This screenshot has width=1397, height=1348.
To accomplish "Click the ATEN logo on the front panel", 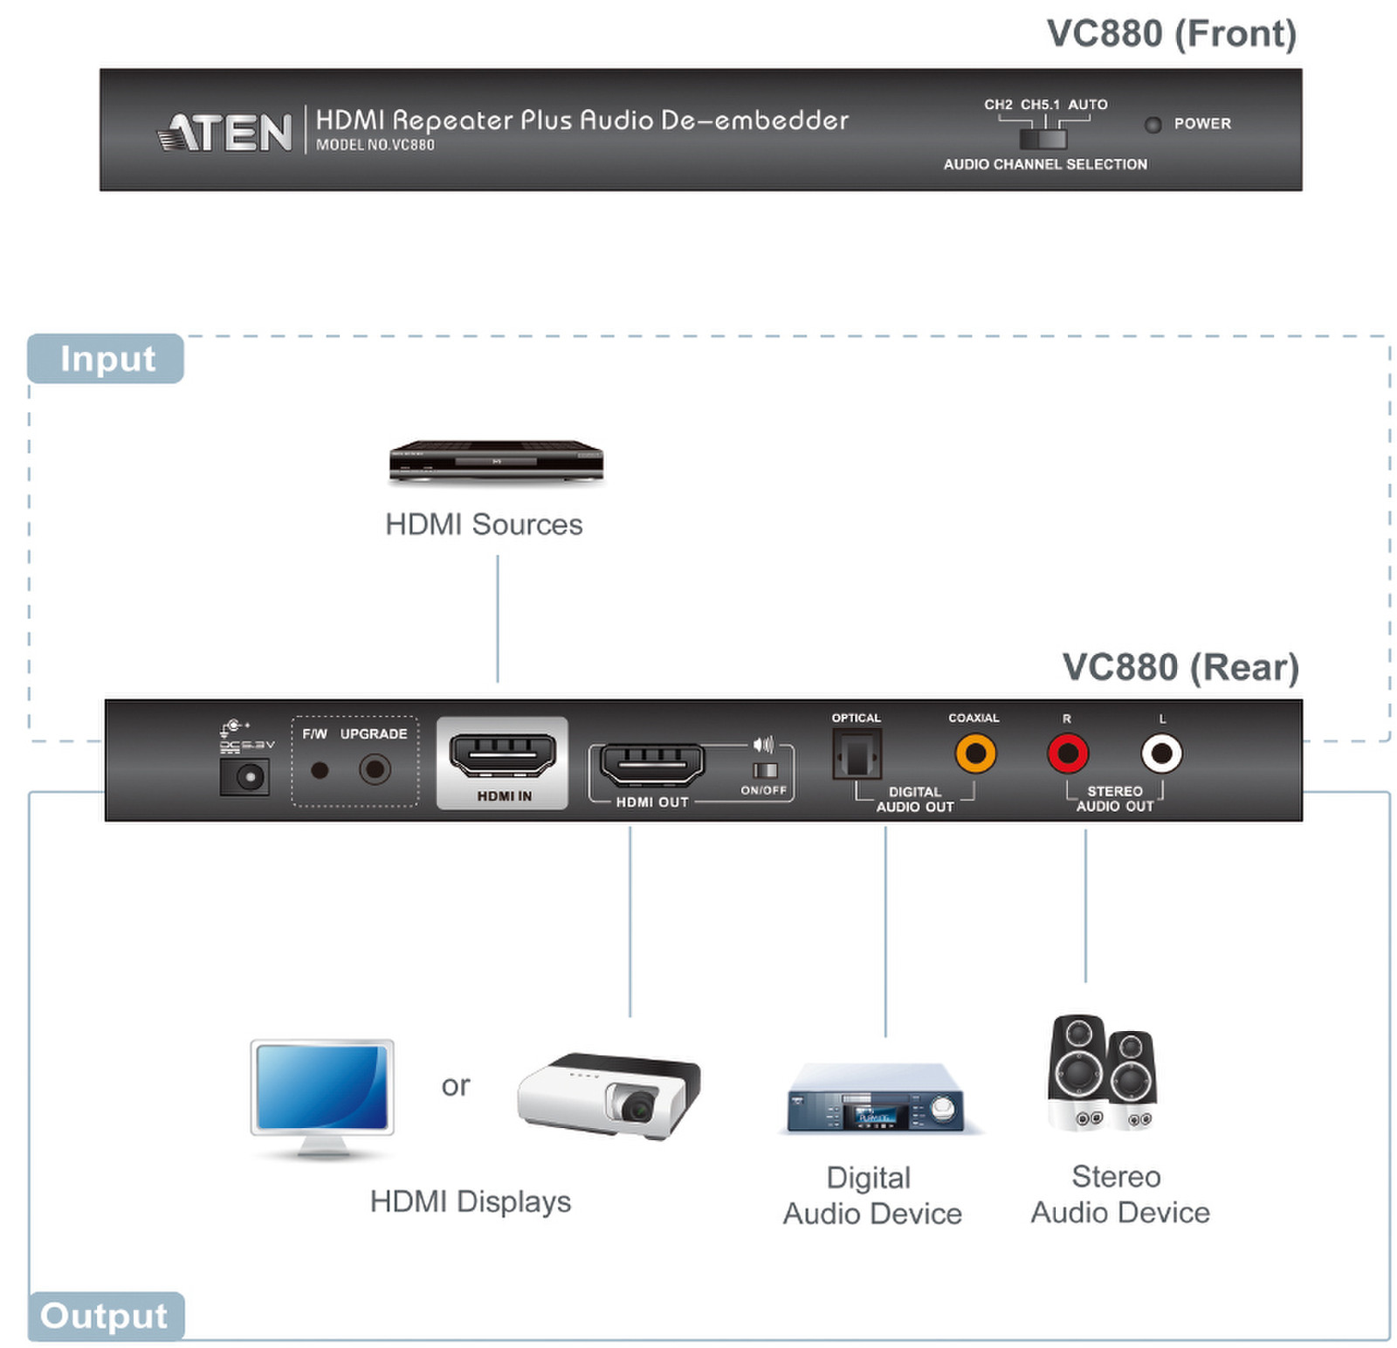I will pos(224,132).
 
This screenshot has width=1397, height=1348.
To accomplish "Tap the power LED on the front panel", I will pos(1153,125).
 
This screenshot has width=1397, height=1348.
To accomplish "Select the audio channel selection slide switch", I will pos(1043,139).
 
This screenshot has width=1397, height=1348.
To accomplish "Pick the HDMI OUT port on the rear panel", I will pos(652,765).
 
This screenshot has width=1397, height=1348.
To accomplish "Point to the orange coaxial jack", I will pos(974,753).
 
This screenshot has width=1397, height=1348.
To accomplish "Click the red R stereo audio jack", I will pos(1067,753).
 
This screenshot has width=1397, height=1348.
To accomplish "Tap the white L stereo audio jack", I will pos(1160,753).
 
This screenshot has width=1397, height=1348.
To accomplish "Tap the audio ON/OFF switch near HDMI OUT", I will pos(765,769).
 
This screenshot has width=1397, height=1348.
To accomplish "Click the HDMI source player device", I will pos(496,460).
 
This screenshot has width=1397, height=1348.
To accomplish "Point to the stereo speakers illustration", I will pos(1102,1073).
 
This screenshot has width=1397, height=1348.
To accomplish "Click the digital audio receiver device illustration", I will pos(874,1099).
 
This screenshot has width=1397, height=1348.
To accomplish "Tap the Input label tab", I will pos(106,359).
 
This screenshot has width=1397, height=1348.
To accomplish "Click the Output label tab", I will pos(105,1314).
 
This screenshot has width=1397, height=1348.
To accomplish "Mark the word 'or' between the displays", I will pos(455,1085).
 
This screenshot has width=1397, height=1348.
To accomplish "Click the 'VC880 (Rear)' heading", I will pos(1179,667).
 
